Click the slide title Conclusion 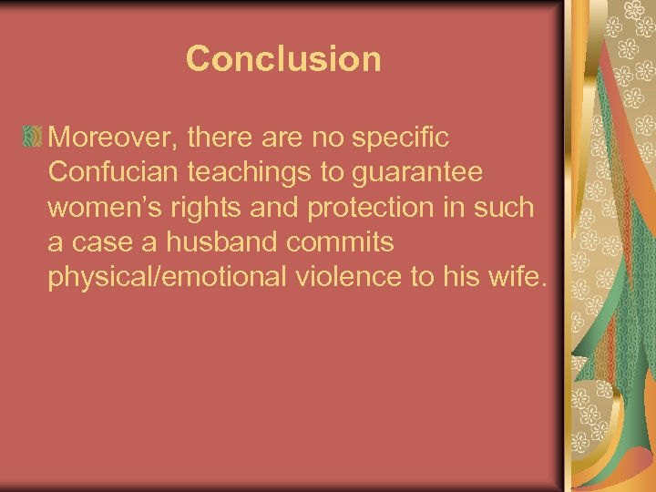[283, 59]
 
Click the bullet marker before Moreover [32, 138]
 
